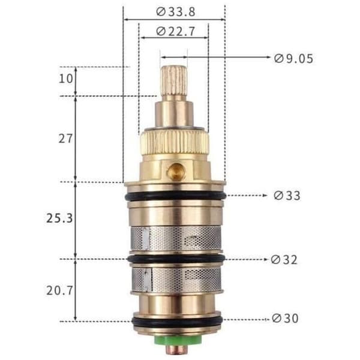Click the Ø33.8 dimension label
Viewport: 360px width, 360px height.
tap(176, 12)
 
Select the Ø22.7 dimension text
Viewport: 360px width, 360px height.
tap(176, 31)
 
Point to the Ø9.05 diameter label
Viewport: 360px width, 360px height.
tap(293, 59)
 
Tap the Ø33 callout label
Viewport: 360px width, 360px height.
tap(287, 196)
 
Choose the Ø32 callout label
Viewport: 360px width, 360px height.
tap(284, 260)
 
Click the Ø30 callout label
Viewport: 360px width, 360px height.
tap(285, 319)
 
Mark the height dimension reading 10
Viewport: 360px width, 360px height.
tap(66, 79)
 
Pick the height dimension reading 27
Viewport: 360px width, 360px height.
tap(65, 139)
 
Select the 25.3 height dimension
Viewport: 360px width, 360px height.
tap(59, 218)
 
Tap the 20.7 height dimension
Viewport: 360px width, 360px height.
tap(59, 290)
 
